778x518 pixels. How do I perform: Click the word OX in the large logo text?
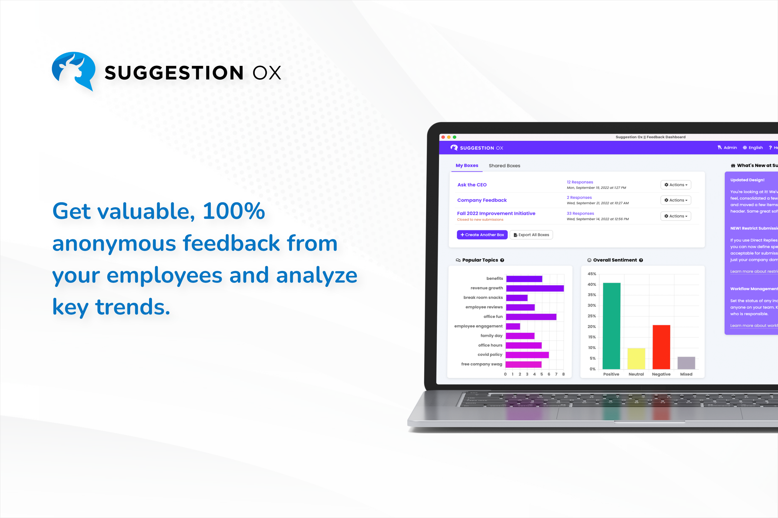[x=267, y=73]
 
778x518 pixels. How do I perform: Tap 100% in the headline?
[x=234, y=211]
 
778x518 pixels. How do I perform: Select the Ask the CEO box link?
[x=472, y=185]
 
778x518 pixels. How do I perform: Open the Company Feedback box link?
[x=482, y=200]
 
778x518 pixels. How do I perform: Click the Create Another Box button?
[x=482, y=235]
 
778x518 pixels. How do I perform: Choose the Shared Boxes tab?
[x=504, y=166]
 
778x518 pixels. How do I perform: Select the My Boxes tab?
[x=467, y=166]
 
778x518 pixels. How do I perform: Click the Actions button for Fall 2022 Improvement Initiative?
[x=676, y=216]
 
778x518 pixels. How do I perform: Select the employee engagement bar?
[x=513, y=326]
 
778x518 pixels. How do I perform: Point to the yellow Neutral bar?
[x=636, y=358]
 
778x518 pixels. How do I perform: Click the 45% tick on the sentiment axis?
[x=592, y=274]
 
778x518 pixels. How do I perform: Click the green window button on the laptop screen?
[x=455, y=137]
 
